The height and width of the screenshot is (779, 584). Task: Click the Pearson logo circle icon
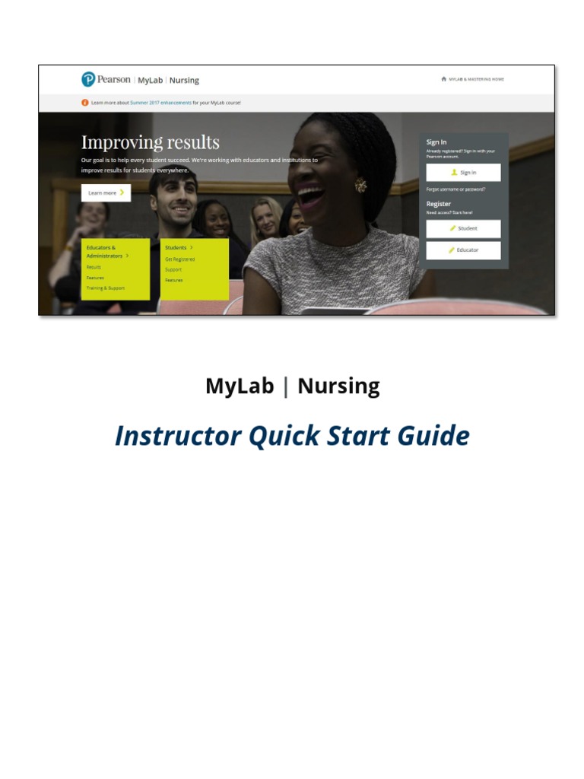click(x=88, y=79)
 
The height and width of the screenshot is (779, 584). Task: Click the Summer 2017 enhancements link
click(x=160, y=102)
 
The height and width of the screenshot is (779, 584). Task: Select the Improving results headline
click(x=150, y=142)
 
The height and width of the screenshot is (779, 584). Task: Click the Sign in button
click(x=463, y=173)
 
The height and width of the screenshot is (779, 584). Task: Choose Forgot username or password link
click(x=455, y=189)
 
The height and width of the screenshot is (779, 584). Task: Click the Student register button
click(x=463, y=228)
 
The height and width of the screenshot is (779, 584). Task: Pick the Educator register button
click(x=463, y=250)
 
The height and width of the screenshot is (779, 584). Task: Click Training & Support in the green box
click(x=106, y=288)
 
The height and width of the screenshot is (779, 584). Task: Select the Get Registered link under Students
click(x=179, y=259)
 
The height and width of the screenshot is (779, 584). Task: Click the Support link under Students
click(x=173, y=270)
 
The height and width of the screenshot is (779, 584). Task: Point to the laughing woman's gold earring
click(x=360, y=184)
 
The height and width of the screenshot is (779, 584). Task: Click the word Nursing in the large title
click(x=338, y=386)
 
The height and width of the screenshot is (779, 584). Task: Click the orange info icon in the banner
click(x=84, y=102)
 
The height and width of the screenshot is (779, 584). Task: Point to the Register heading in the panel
click(x=439, y=204)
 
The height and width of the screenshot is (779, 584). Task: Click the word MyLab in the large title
click(x=240, y=386)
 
